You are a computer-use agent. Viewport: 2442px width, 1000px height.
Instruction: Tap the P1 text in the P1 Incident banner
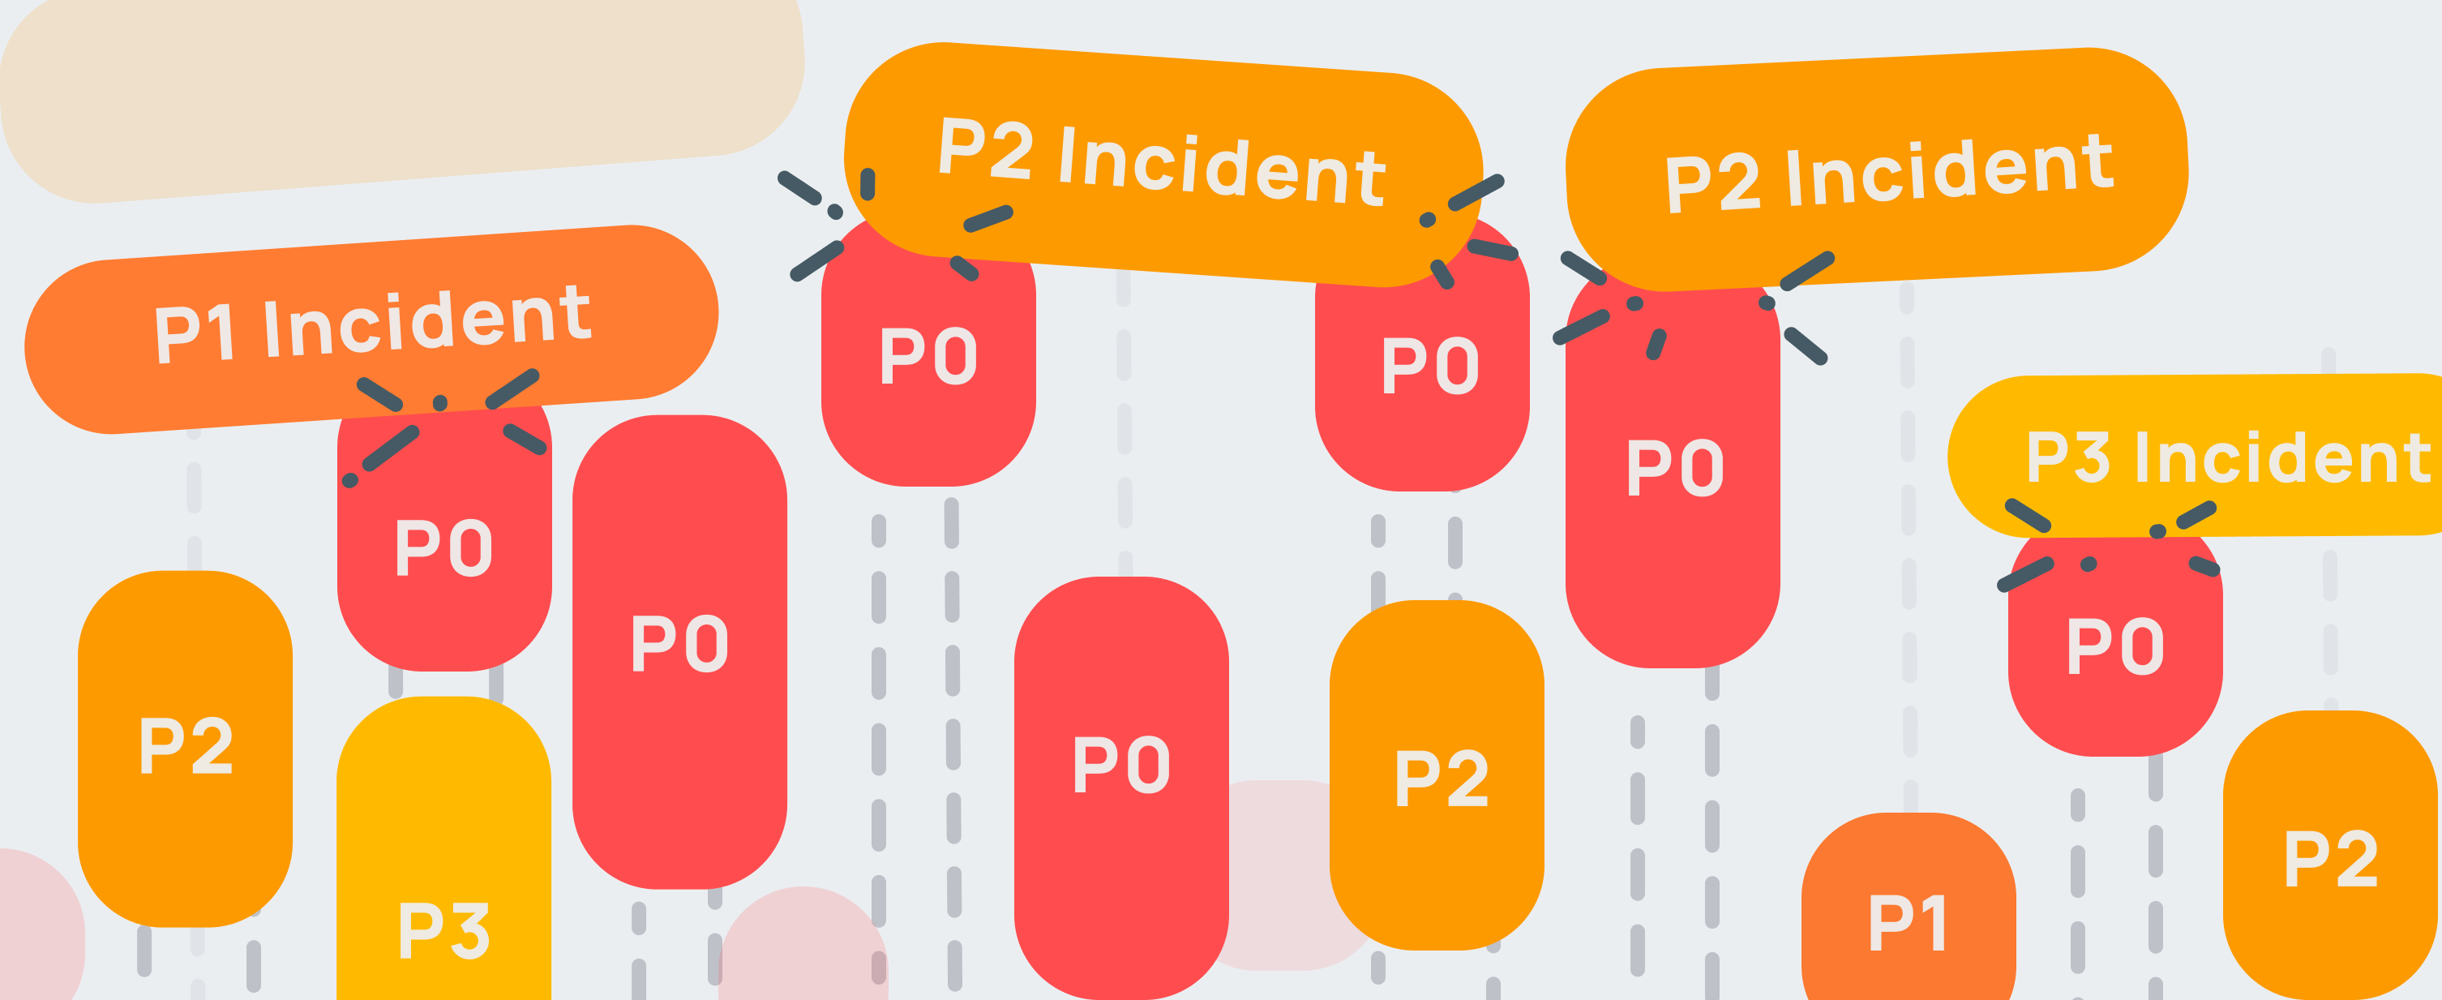click(x=194, y=333)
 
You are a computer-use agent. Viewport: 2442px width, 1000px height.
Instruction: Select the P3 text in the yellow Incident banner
click(x=2067, y=457)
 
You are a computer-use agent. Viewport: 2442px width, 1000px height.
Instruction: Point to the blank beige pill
click(x=398, y=95)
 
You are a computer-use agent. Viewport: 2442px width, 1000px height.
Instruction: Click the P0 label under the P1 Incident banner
click(x=443, y=548)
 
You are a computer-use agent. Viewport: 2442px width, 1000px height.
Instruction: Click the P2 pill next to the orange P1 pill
click(x=2330, y=858)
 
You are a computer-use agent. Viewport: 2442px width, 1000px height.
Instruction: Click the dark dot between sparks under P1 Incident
click(x=440, y=404)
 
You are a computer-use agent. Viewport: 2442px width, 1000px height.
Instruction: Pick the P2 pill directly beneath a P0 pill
click(x=1437, y=777)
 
